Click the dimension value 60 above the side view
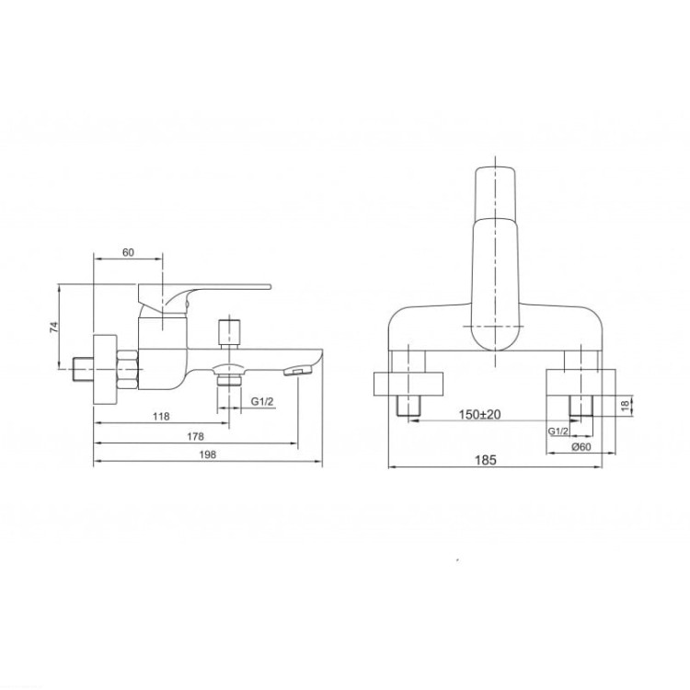click(x=128, y=252)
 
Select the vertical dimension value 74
click(x=53, y=327)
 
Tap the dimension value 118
click(x=161, y=416)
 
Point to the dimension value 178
click(x=195, y=436)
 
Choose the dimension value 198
click(x=208, y=454)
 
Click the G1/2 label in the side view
click(x=262, y=401)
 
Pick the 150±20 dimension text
click(x=479, y=414)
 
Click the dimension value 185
click(x=486, y=460)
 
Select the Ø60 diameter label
click(x=581, y=446)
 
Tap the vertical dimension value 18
click(x=626, y=406)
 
